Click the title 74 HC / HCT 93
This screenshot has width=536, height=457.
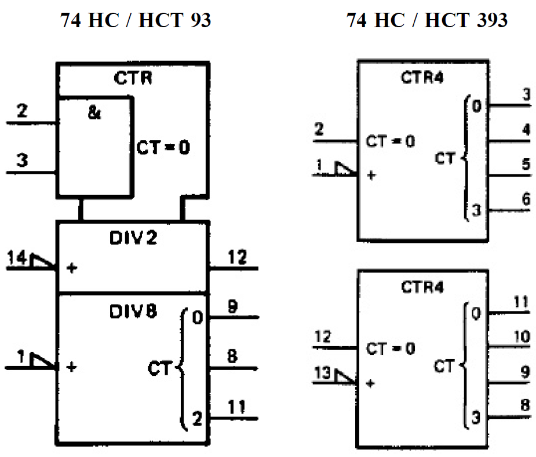coord(136,21)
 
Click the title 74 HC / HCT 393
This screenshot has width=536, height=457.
coord(427,21)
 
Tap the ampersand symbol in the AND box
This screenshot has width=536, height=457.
coord(94,113)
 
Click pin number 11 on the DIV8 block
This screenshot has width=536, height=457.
coord(235,407)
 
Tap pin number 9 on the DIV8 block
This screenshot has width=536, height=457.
coord(231,307)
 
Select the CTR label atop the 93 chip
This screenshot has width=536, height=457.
coord(133,79)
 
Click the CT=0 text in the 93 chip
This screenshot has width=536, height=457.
coord(163,147)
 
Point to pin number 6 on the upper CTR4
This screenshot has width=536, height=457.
coord(526,199)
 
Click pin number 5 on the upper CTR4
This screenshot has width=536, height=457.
coord(526,164)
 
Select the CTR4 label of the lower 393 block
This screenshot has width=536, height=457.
coord(422,286)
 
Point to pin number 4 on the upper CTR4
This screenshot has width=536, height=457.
coord(526,130)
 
